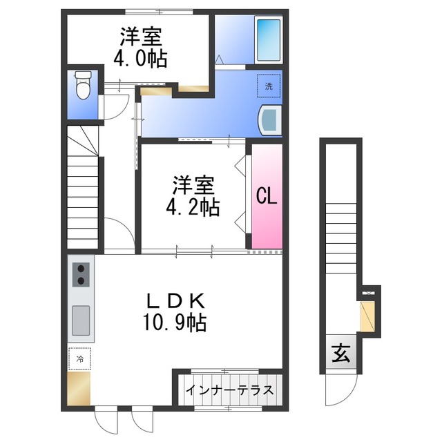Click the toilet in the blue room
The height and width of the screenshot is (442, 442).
pos(84,85)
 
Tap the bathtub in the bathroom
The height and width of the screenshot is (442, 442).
pos(269,39)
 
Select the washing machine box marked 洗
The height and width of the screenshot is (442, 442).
pos(269,86)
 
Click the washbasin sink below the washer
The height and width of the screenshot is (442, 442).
pos(270,120)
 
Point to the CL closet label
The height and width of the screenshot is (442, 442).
pos(267,196)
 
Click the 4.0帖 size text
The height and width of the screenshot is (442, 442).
pos(140,58)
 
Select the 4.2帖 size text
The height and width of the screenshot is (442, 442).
pos(193,207)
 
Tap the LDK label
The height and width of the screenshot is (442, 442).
pos(175,301)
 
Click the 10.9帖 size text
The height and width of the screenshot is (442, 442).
pos(175,323)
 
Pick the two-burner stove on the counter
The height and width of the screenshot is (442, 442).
pos(81,275)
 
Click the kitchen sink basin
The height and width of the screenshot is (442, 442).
pos(81,320)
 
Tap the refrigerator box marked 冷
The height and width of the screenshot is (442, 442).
pos(80,359)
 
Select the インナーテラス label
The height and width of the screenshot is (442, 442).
pos(229,390)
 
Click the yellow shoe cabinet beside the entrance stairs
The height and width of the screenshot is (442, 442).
pos(367,316)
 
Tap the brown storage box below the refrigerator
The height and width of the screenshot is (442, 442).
pos(79,388)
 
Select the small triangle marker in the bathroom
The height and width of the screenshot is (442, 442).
pos(219,60)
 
